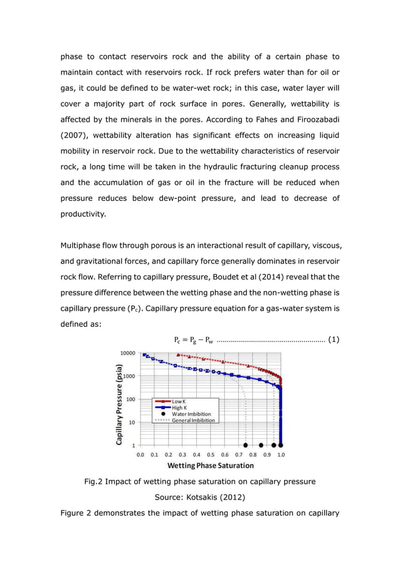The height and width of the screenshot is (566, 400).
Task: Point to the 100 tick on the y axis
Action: click(x=130, y=399)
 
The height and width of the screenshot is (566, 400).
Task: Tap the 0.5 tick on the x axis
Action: click(x=211, y=454)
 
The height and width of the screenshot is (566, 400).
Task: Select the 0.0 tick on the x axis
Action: click(x=140, y=454)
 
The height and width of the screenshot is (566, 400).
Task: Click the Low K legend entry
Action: click(x=178, y=402)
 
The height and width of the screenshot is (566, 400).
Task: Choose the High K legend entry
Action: click(x=179, y=408)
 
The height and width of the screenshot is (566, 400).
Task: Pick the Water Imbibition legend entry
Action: click(x=191, y=414)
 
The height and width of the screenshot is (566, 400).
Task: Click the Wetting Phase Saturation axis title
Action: click(x=210, y=466)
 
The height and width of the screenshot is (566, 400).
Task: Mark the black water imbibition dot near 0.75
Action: click(x=246, y=445)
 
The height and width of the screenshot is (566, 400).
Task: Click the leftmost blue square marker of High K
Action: click(x=144, y=355)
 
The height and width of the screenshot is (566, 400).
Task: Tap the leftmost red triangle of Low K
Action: click(x=179, y=355)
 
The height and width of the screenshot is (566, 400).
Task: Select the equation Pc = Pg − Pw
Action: click(x=194, y=340)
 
